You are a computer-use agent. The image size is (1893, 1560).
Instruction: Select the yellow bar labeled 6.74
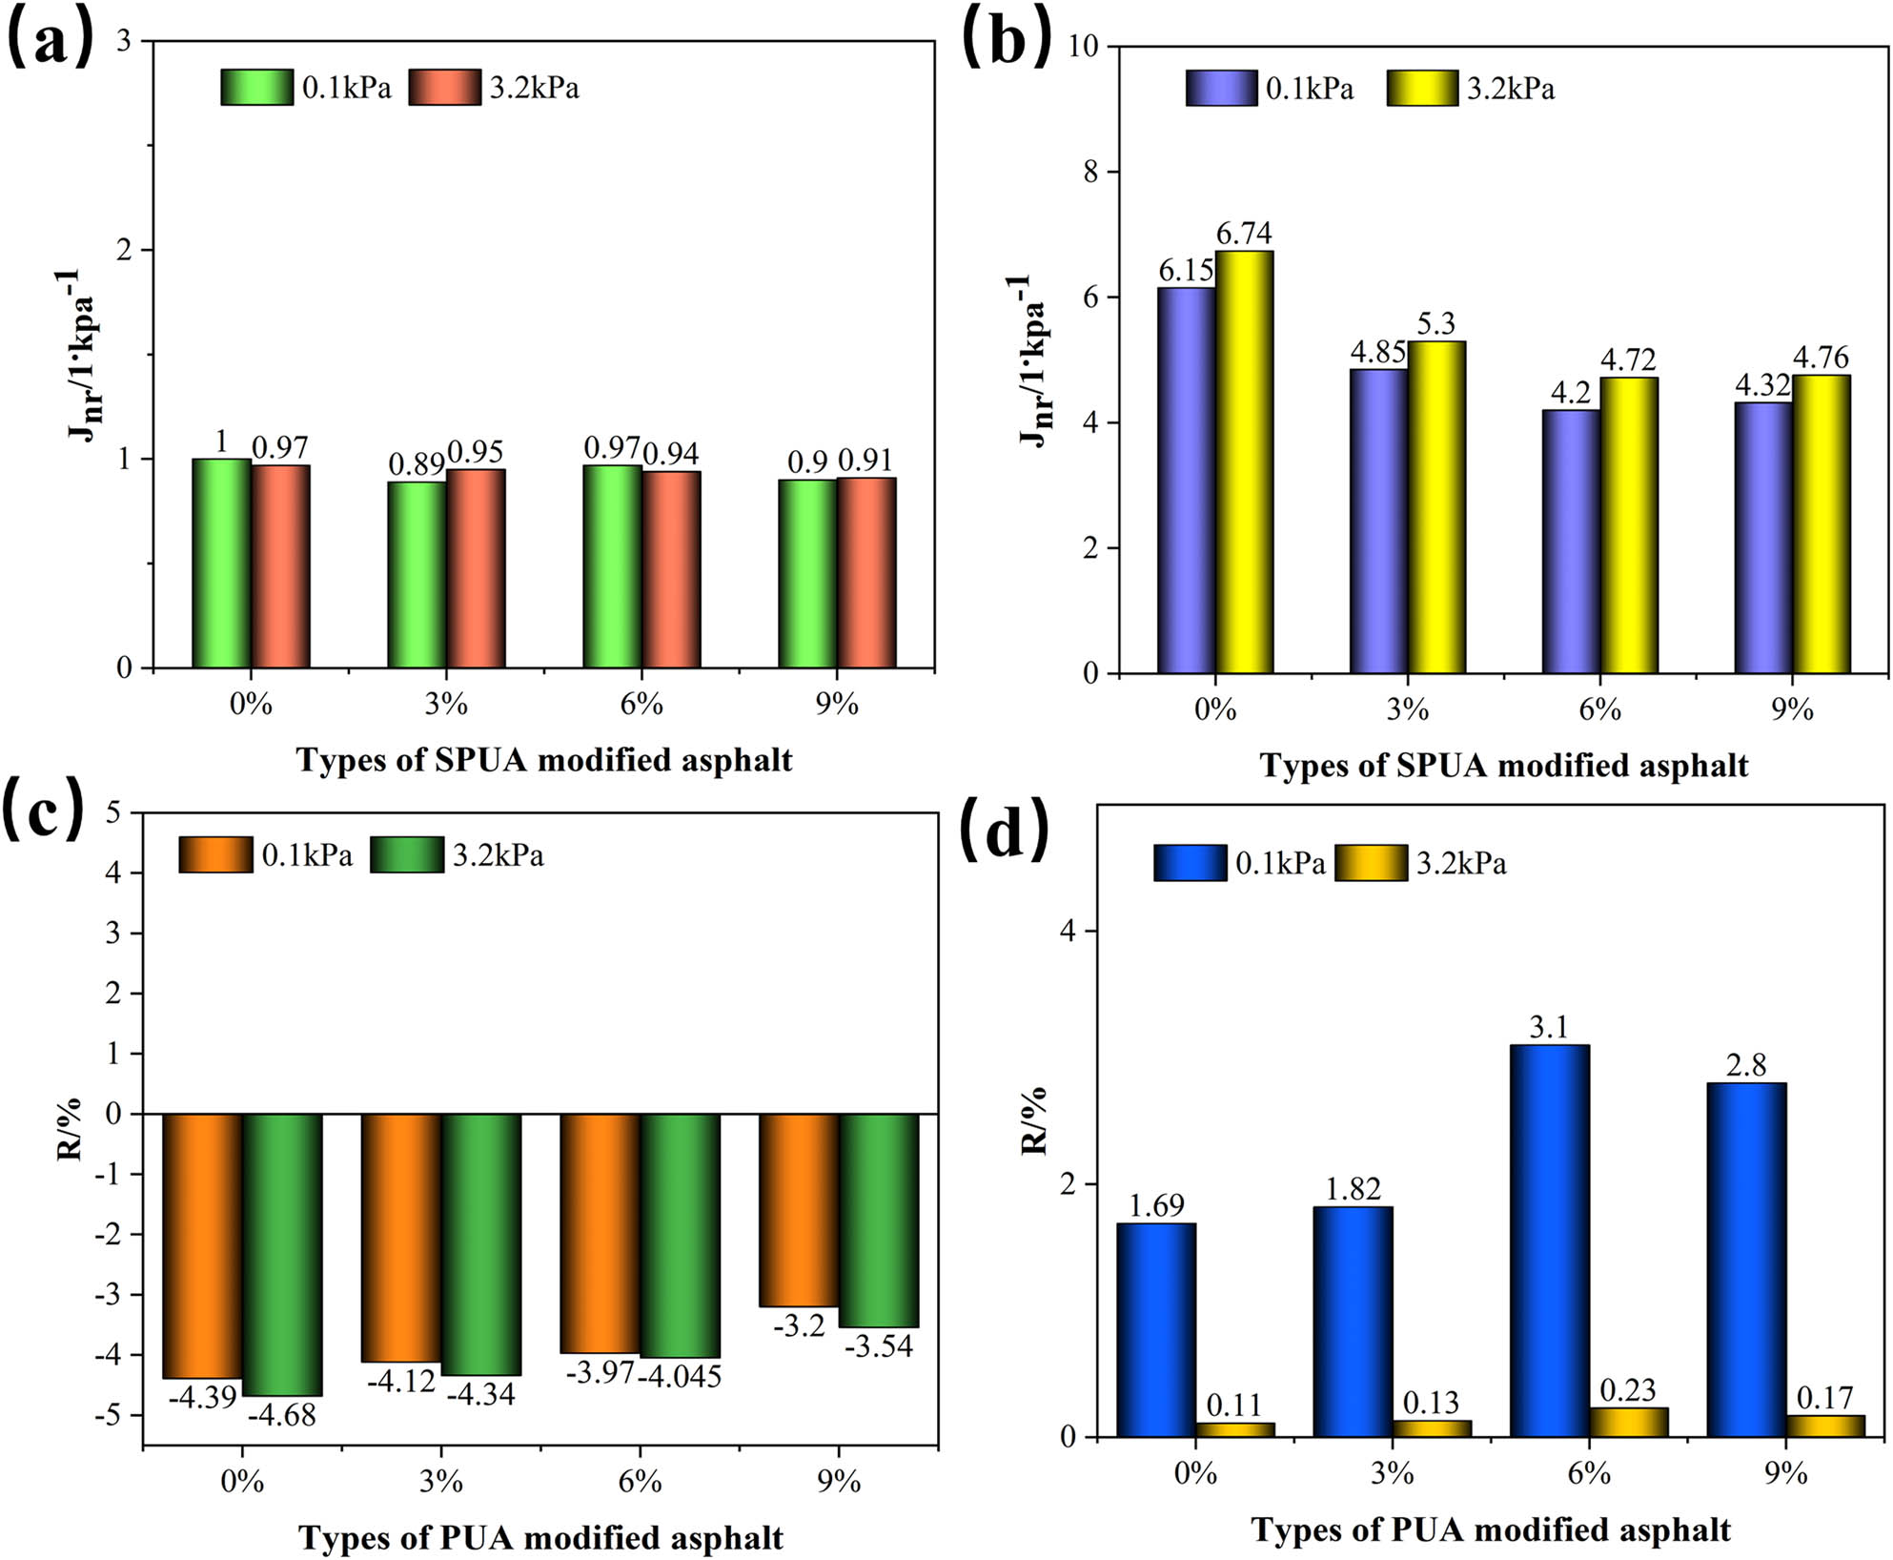click(x=1244, y=462)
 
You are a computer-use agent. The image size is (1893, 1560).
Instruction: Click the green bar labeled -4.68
click(x=282, y=1254)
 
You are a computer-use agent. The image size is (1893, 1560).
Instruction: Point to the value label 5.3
click(x=1435, y=324)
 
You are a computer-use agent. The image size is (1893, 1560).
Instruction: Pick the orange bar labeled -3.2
click(x=799, y=1209)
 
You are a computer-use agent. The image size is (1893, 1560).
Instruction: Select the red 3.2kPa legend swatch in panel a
click(x=444, y=88)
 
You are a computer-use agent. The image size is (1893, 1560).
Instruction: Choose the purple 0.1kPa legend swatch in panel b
click(x=1221, y=89)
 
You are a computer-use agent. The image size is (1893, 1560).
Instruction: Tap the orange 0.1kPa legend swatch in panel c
click(x=215, y=854)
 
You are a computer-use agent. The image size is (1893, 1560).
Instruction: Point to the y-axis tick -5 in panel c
click(x=111, y=1415)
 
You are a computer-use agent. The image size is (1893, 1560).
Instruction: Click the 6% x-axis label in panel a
click(x=641, y=705)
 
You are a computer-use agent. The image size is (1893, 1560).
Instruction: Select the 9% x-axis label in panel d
click(x=1785, y=1473)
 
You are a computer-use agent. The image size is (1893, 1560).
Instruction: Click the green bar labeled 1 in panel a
click(x=221, y=564)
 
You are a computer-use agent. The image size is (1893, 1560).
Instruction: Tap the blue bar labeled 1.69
click(x=1156, y=1329)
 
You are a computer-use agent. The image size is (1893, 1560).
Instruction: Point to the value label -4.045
click(x=680, y=1377)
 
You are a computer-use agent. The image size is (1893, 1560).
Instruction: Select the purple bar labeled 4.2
click(x=1571, y=541)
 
